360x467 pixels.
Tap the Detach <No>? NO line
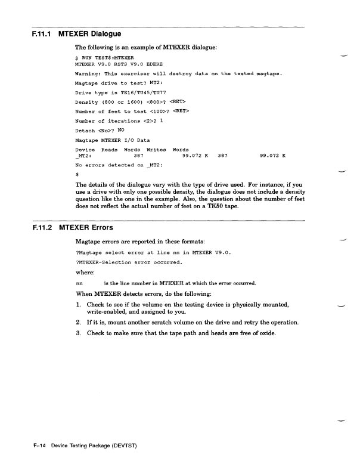tap(100, 130)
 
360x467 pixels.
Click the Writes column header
tap(155, 149)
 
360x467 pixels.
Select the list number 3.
tap(79, 333)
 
